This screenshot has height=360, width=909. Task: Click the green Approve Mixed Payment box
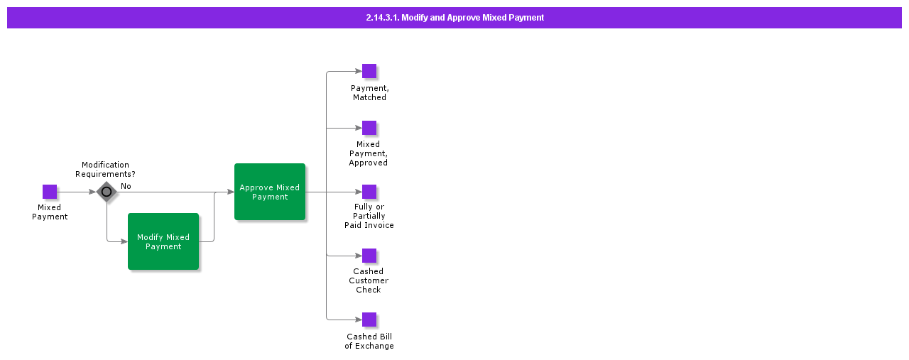pyautogui.click(x=270, y=192)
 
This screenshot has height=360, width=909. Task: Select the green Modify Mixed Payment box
pyautogui.click(x=163, y=241)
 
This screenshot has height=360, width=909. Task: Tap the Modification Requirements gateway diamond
pyautogui.click(x=107, y=192)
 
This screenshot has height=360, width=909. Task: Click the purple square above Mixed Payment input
pyautogui.click(x=50, y=192)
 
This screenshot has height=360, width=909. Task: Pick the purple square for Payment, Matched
pyautogui.click(x=369, y=71)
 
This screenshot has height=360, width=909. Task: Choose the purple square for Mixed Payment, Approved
pyautogui.click(x=369, y=128)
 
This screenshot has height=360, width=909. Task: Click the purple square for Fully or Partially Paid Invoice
pyautogui.click(x=369, y=192)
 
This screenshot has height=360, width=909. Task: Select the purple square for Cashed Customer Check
pyautogui.click(x=369, y=256)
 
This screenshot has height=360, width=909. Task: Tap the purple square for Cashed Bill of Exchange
pyautogui.click(x=369, y=320)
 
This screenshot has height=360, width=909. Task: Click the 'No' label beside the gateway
pyautogui.click(x=126, y=186)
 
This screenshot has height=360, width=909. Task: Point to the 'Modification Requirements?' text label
pyautogui.click(x=105, y=169)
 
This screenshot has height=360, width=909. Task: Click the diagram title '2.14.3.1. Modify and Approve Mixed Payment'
pyautogui.click(x=454, y=18)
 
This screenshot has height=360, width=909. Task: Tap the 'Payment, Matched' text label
pyautogui.click(x=369, y=92)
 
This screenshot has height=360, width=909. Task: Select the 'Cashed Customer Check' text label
pyautogui.click(x=369, y=280)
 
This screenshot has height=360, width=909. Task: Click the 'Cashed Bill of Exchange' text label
pyautogui.click(x=369, y=342)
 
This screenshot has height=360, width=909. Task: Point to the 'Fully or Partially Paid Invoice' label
pyautogui.click(x=369, y=216)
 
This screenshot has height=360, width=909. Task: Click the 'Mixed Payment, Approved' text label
pyautogui.click(x=369, y=153)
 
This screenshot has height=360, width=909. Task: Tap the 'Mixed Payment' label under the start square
pyautogui.click(x=50, y=212)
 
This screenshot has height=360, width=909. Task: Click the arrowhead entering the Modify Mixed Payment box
pyautogui.click(x=124, y=241)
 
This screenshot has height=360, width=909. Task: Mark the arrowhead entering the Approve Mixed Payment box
pyautogui.click(x=231, y=192)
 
